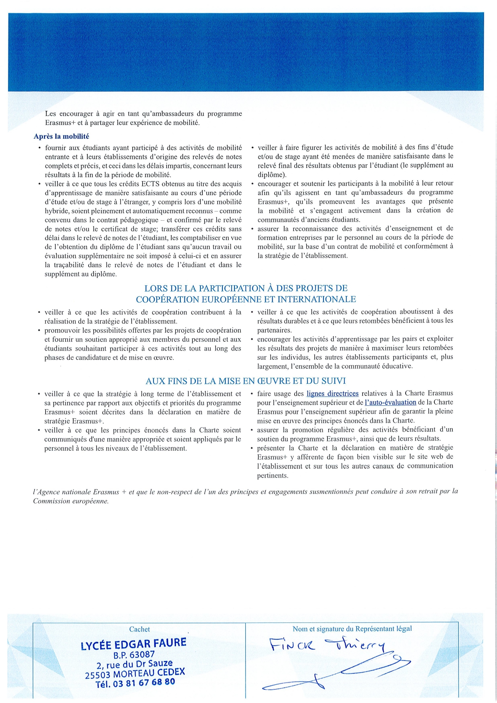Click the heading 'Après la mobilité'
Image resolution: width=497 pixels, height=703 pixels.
(x=61, y=137)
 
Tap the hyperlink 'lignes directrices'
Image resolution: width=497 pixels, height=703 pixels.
(x=332, y=394)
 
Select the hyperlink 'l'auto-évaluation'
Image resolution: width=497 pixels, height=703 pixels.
(x=390, y=403)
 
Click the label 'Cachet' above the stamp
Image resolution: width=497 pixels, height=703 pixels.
(x=139, y=629)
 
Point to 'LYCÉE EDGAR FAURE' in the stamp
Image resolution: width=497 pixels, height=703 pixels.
(x=133, y=644)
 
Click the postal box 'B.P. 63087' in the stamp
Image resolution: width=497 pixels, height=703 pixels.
(x=134, y=655)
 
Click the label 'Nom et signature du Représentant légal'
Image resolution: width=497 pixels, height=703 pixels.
(x=352, y=629)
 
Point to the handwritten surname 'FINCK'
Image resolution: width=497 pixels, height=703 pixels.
(x=292, y=645)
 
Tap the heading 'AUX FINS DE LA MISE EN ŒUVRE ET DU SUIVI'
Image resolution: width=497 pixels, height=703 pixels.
(x=245, y=381)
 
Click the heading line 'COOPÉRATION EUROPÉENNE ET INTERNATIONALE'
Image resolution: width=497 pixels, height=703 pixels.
(x=246, y=299)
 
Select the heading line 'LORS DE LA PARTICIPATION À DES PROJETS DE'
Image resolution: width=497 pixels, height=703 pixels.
(x=246, y=288)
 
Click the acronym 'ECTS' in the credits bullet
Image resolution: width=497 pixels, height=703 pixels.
(x=151, y=184)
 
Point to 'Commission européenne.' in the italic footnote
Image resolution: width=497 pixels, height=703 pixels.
(x=71, y=501)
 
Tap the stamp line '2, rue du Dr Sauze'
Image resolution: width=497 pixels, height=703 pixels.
(x=134, y=665)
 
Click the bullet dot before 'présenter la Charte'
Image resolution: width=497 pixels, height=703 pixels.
(x=252, y=448)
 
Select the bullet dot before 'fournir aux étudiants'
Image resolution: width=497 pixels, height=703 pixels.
(x=39, y=148)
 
